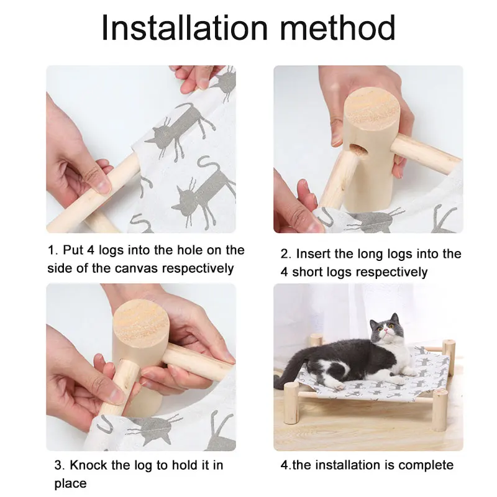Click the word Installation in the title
(185, 27)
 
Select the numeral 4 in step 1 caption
(91, 250)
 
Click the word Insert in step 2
(312, 254)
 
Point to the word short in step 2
(307, 272)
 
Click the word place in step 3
(70, 484)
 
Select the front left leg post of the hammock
(291, 403)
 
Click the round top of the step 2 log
(372, 110)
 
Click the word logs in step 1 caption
(111, 250)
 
